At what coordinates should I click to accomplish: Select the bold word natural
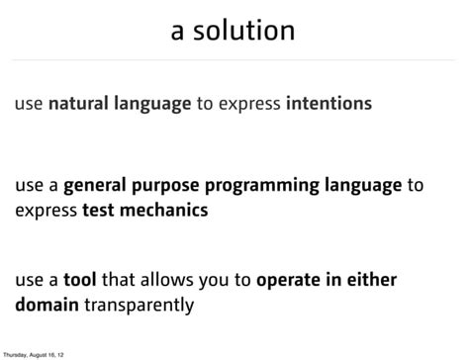80,103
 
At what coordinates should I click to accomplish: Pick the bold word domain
47,304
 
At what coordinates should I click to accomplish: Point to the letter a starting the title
179,32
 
